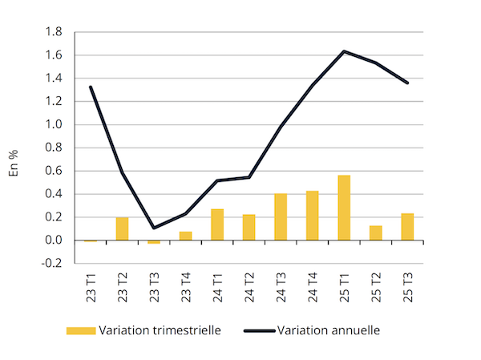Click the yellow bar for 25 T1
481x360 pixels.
pos(344,208)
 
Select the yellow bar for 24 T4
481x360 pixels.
pos(312,216)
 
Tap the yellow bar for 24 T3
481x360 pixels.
pos(281,217)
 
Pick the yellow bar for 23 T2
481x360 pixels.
pos(122,229)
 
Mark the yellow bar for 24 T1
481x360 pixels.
pos(217,224)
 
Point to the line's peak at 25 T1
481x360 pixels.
pos(344,51)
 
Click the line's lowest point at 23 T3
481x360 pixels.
pos(154,228)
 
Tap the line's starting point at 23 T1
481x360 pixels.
pos(91,87)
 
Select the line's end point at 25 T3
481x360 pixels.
pos(407,83)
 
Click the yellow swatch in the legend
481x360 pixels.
pos(80,330)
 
